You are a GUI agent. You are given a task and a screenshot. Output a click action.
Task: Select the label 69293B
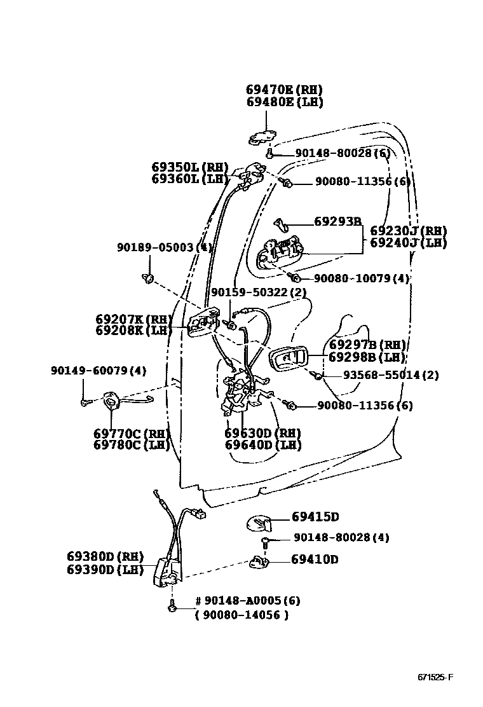[x=337, y=221]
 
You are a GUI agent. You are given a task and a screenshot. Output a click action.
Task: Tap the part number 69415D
[x=315, y=517]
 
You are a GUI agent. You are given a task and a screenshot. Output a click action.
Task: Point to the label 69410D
[x=315, y=559]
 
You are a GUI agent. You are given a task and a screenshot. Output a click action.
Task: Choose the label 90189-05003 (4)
[x=164, y=247]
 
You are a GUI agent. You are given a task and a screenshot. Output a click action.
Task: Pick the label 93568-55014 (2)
[x=391, y=375]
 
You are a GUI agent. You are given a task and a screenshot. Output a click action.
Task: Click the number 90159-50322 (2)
[x=259, y=292]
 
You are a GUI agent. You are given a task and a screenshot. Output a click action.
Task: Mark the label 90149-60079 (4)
[x=99, y=370]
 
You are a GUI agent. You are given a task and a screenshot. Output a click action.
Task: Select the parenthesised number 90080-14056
[x=241, y=615]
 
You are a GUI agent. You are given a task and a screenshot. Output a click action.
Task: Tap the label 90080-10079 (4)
[x=362, y=278]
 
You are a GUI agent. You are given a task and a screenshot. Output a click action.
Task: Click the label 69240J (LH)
[x=409, y=242]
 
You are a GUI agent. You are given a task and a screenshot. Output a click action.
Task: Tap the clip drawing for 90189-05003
[x=149, y=278]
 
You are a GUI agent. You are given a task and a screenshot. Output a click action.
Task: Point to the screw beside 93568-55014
[x=318, y=375]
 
